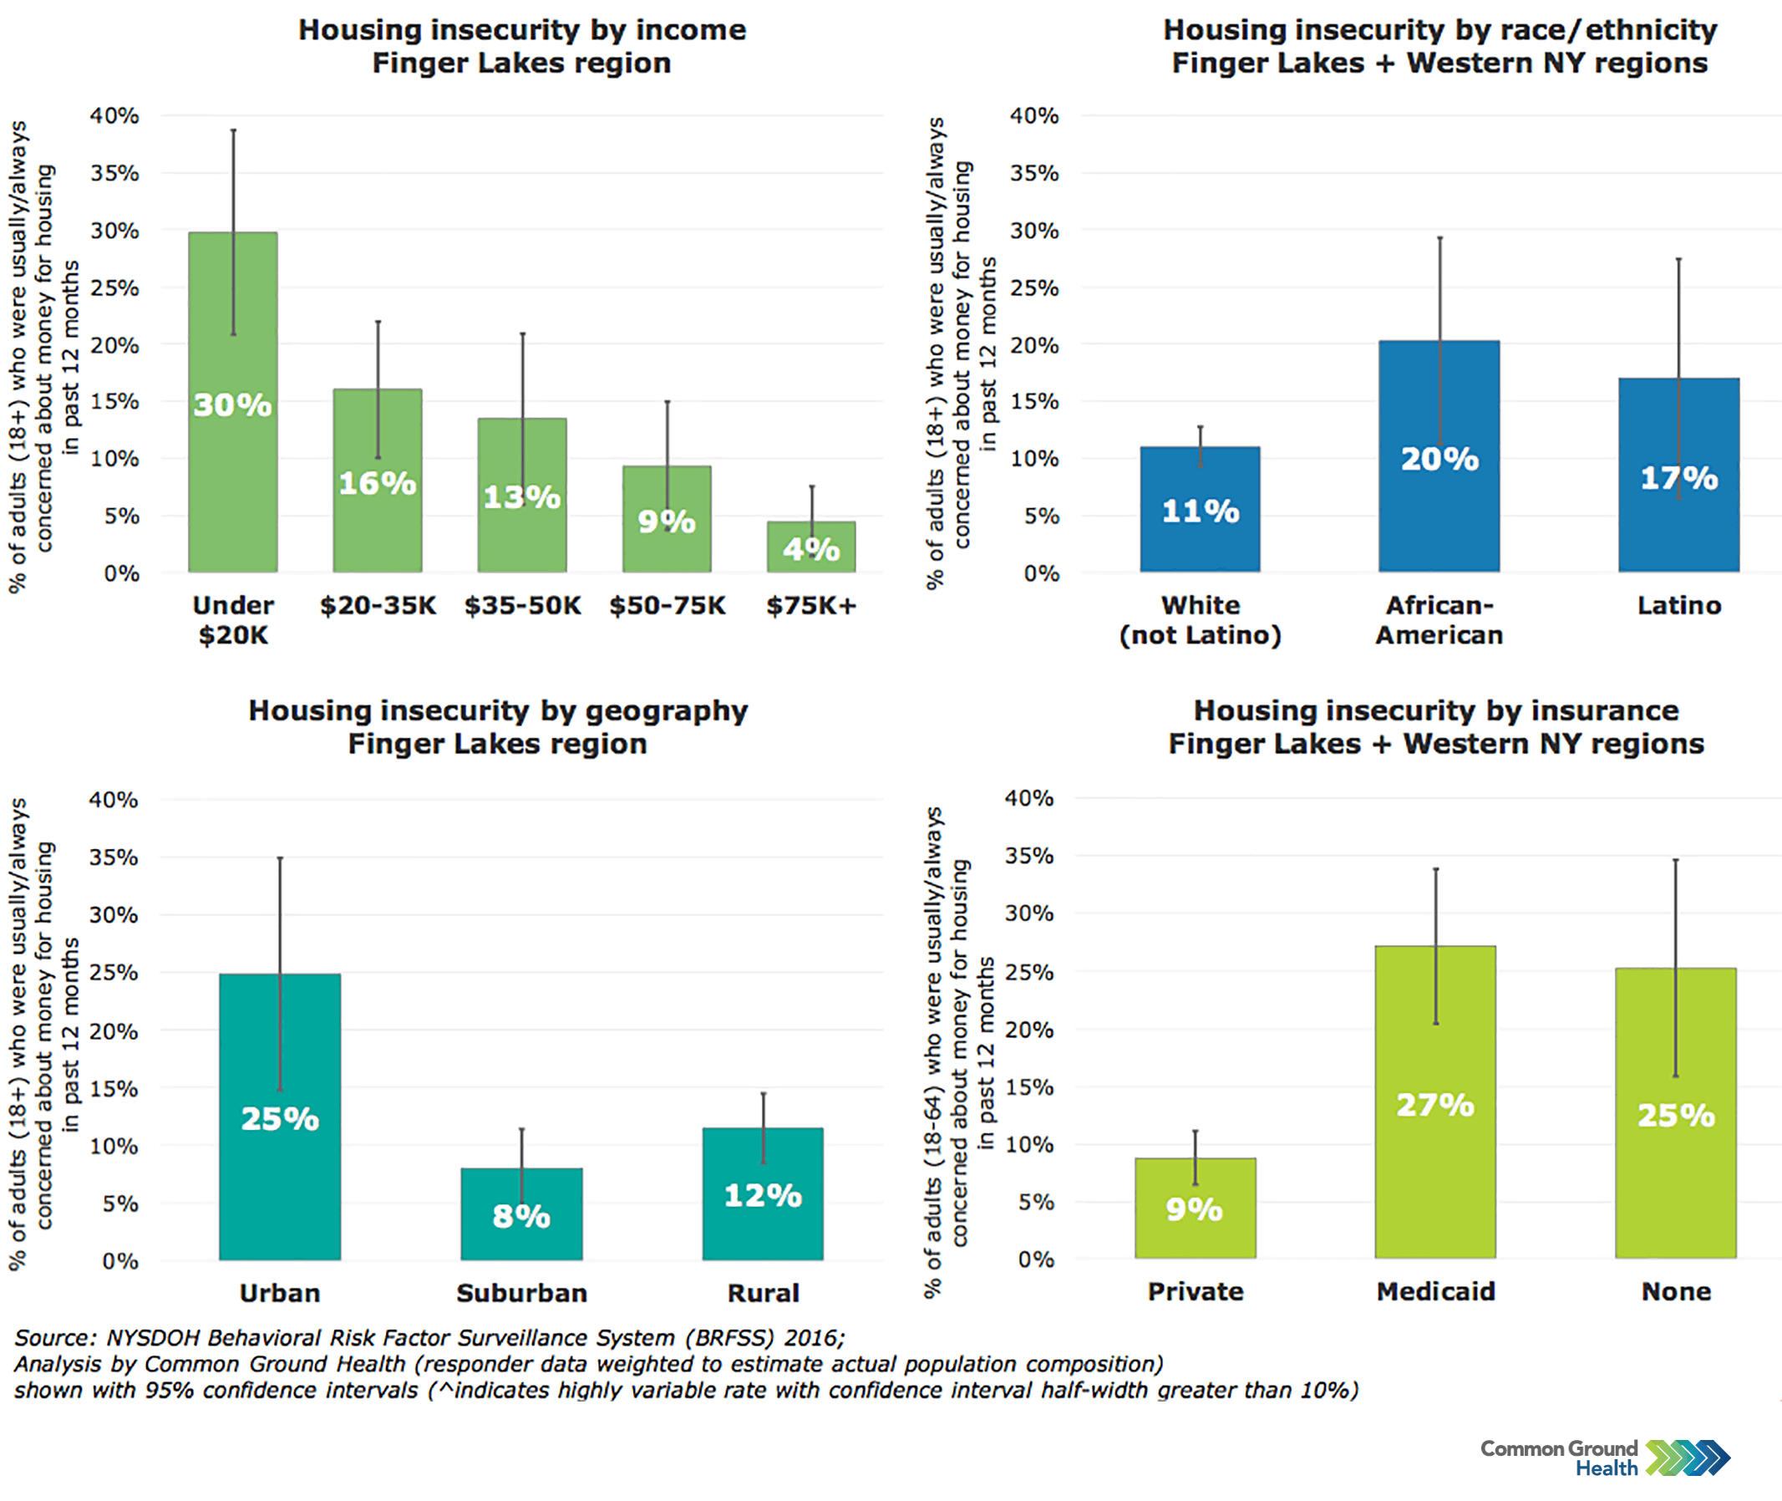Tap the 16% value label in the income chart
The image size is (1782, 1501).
[x=377, y=483]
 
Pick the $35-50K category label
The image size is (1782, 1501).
[x=522, y=606]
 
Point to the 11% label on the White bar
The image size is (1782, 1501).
[x=1201, y=511]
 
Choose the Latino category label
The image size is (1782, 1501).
[x=1679, y=606]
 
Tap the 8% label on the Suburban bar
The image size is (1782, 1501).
[x=521, y=1216]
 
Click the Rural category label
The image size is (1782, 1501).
[x=763, y=1294]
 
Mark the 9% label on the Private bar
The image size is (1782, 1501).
[x=1194, y=1209]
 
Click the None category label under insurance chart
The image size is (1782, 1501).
[x=1676, y=1292]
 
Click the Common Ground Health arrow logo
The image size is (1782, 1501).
[x=1688, y=1458]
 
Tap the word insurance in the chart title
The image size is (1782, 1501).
[x=1581, y=710]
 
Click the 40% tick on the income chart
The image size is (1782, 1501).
[x=114, y=115]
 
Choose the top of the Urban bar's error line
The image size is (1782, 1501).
[x=280, y=858]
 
